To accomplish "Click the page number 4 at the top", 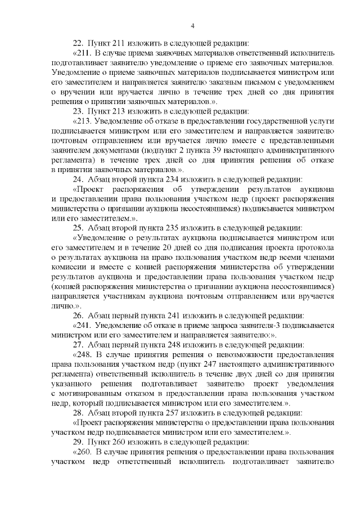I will pos(192,25).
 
